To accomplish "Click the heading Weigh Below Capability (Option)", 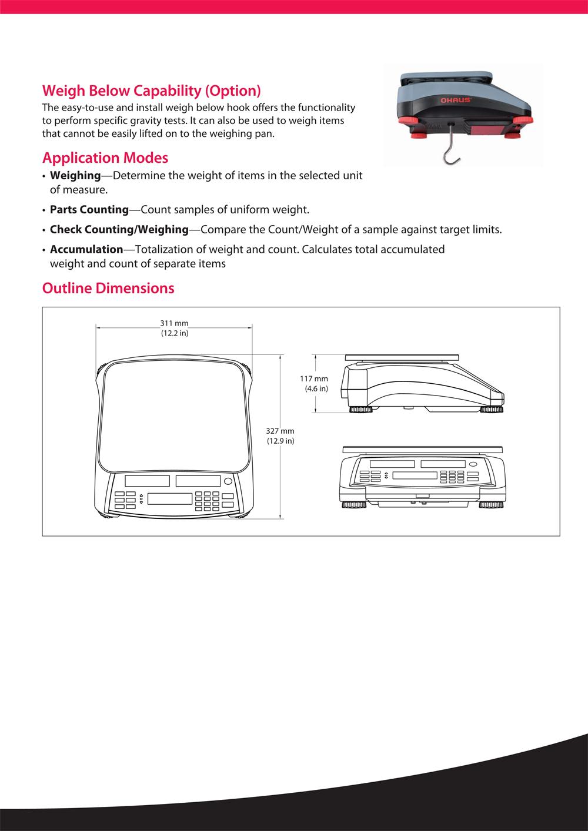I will coord(152,91).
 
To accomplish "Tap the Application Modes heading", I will coord(105,158).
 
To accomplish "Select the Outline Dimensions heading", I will coord(108,289).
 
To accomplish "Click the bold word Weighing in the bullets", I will coord(75,176).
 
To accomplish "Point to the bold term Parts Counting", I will coord(89,210).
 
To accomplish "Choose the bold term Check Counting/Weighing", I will coord(119,229).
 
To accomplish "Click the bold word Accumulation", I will coord(86,249).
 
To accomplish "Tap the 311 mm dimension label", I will coord(174,323).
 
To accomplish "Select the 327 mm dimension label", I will coord(280,431).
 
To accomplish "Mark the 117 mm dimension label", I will coord(314,379).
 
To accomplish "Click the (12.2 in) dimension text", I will coord(175,333).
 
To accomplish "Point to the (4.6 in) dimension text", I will coord(316,389).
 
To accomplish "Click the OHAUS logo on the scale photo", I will coord(456,100).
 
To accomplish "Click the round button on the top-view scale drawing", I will coord(228,481).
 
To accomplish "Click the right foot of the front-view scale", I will coord(490,505).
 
